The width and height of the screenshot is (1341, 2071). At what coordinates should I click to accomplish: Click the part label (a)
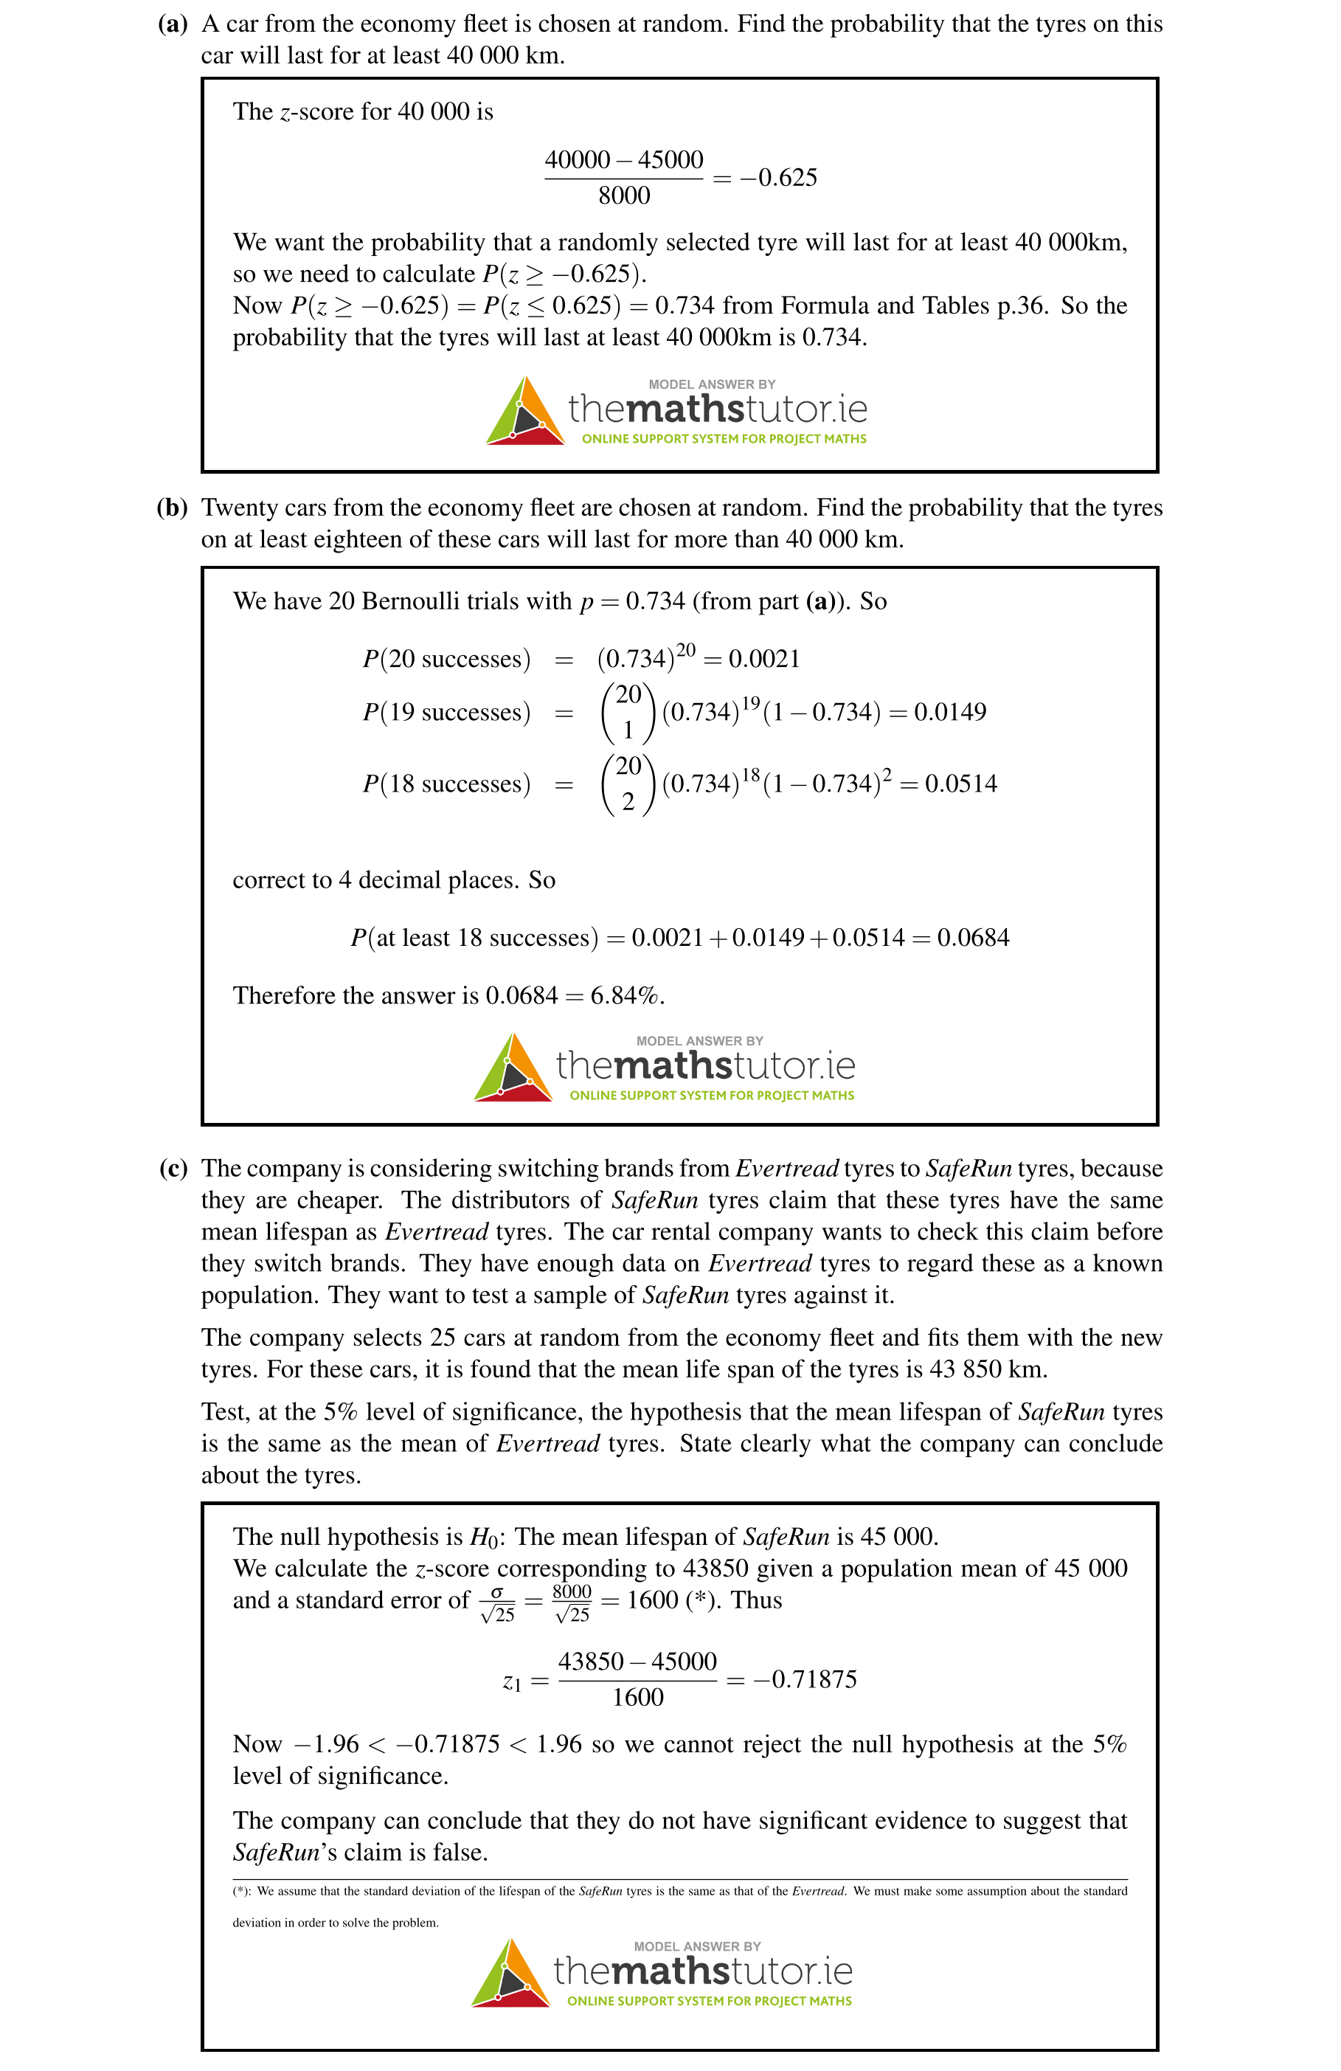173,24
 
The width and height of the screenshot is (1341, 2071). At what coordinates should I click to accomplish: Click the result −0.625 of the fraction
778,178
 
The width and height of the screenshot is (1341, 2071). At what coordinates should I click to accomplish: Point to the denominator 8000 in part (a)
624,196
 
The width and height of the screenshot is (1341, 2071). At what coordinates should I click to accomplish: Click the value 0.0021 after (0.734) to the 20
764,659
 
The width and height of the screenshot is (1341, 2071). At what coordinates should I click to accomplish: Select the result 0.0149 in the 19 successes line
949,712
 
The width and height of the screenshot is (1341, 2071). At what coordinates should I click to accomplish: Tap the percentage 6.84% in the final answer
626,995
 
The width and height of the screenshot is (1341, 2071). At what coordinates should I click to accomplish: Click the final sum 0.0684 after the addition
973,937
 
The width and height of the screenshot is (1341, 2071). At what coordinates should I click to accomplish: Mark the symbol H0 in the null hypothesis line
484,1537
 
